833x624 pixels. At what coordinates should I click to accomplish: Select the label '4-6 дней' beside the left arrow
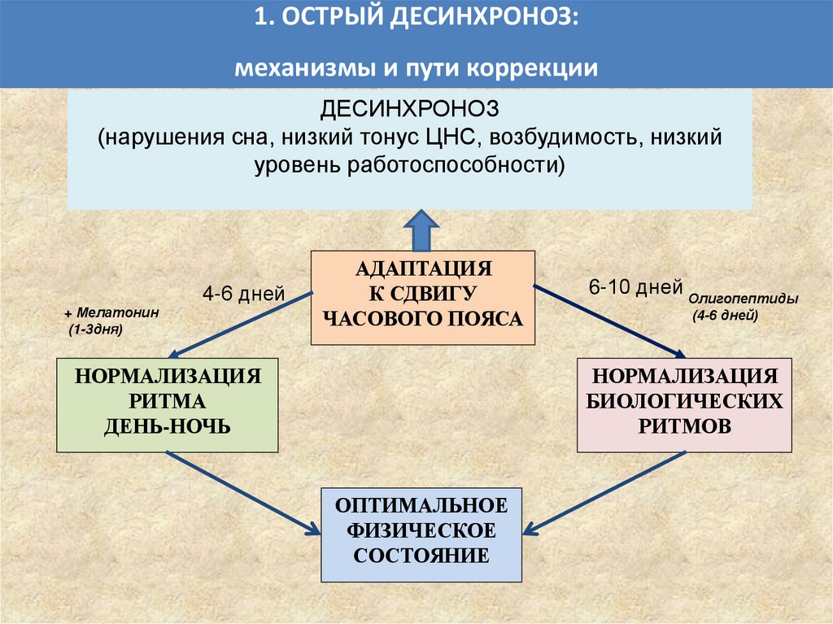click(243, 294)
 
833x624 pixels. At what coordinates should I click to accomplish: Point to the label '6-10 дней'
click(624, 286)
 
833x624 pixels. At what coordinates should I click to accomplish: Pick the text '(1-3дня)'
click(96, 331)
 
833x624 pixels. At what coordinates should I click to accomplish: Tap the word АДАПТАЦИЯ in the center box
click(423, 268)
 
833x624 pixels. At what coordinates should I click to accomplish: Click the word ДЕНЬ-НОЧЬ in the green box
click(167, 425)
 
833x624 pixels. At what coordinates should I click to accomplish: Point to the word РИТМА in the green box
click(167, 401)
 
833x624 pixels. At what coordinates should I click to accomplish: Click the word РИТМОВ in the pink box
click(685, 425)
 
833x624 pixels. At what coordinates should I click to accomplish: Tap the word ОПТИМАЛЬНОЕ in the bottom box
click(421, 506)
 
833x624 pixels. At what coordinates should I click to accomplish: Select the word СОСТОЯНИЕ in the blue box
click(421, 556)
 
